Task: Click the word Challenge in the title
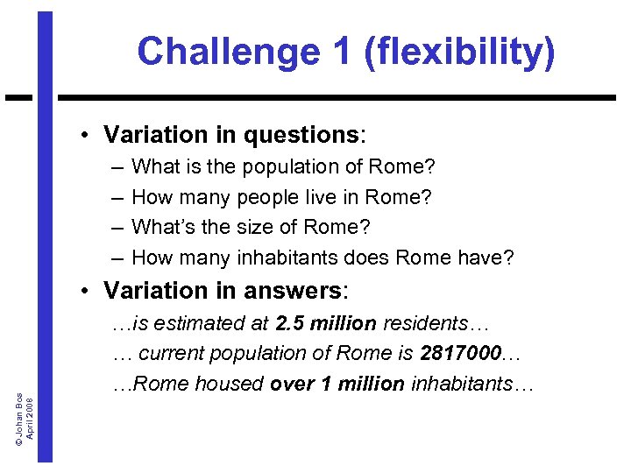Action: (227, 52)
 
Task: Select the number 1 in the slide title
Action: (337, 52)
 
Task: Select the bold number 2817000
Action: (463, 354)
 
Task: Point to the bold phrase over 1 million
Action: (337, 385)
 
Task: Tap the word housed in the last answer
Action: (236, 385)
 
